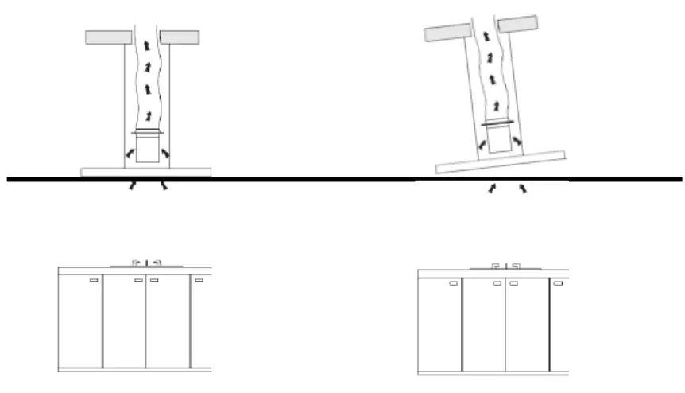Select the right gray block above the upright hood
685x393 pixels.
(179, 37)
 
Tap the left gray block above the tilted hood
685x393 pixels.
(450, 32)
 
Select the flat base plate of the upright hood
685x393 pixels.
(146, 172)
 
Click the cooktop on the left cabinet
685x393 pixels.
(146, 263)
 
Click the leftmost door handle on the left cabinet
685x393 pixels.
(93, 280)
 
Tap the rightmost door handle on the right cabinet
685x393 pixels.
(558, 283)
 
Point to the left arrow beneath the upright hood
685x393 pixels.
(134, 186)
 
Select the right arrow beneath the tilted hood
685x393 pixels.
(523, 189)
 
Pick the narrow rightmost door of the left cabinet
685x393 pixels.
(200, 322)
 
